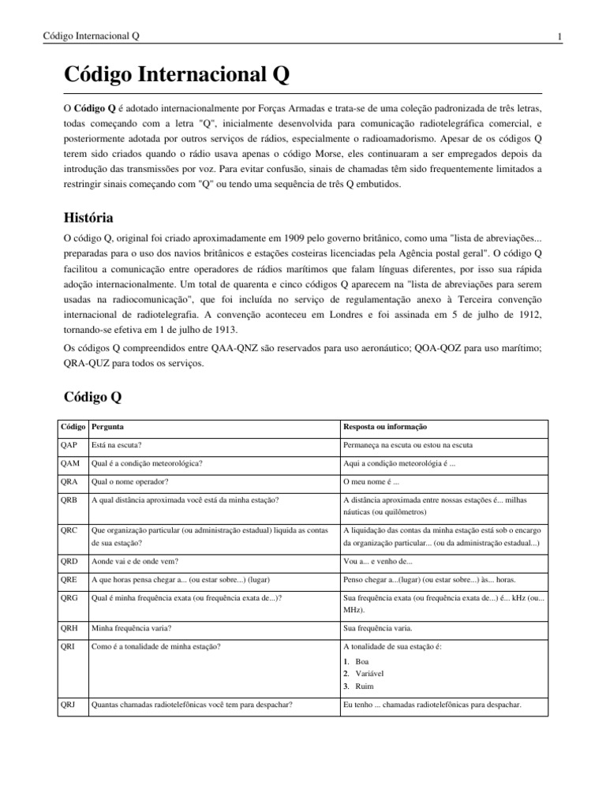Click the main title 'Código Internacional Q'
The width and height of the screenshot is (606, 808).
coord(177,76)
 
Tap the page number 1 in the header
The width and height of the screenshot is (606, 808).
coord(559,36)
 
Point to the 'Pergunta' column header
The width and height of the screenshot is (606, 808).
coord(107,427)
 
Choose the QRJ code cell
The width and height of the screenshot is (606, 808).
coord(70,705)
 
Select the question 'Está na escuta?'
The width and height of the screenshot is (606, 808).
coord(117,445)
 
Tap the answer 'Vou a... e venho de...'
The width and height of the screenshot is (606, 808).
coord(378,561)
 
